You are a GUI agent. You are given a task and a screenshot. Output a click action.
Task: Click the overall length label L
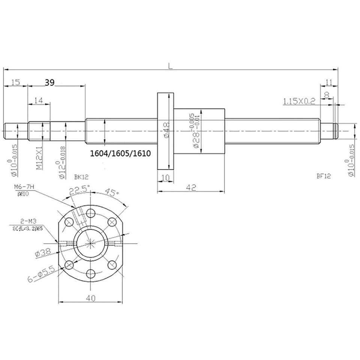(x=171, y=66)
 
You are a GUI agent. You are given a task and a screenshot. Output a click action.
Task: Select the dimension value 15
(x=15, y=82)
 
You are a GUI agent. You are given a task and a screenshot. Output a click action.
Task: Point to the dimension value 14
(x=39, y=100)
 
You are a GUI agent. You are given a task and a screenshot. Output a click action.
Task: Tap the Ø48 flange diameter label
(x=166, y=130)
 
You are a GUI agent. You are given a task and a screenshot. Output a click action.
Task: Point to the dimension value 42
(x=191, y=189)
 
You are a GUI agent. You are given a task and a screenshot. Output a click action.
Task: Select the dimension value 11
(x=329, y=82)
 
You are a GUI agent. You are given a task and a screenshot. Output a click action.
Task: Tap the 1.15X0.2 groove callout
(x=299, y=100)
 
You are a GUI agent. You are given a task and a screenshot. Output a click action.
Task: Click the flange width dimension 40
(x=90, y=298)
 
